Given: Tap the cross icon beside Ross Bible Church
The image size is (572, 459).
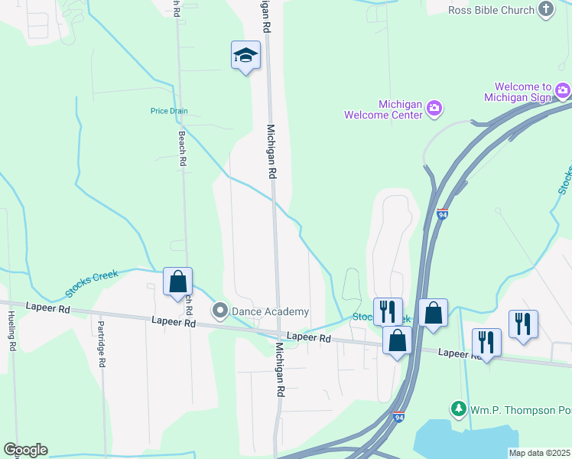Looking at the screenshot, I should pyautogui.click(x=545, y=9).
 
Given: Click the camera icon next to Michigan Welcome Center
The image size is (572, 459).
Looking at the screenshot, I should pyautogui.click(x=434, y=108).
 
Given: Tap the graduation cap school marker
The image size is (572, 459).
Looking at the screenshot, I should pyautogui.click(x=245, y=55).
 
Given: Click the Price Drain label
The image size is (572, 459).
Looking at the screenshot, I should pyautogui.click(x=169, y=111).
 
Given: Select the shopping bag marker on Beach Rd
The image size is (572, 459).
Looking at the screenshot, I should pyautogui.click(x=177, y=282).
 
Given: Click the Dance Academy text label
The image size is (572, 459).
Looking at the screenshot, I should pyautogui.click(x=271, y=311).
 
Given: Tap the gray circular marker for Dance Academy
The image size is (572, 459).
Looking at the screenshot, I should pyautogui.click(x=221, y=311).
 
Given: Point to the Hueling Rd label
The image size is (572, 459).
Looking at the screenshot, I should pyautogui.click(x=12, y=330).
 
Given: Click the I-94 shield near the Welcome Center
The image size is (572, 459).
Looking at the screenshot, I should pyautogui.click(x=443, y=215).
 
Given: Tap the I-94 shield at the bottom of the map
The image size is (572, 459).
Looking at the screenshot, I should pyautogui.click(x=398, y=417).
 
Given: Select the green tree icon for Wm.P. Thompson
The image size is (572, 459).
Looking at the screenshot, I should pyautogui.click(x=459, y=409).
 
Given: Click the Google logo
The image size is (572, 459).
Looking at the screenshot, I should pyautogui.click(x=25, y=450).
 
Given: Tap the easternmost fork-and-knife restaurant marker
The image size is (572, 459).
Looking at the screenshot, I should pyautogui.click(x=523, y=324).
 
